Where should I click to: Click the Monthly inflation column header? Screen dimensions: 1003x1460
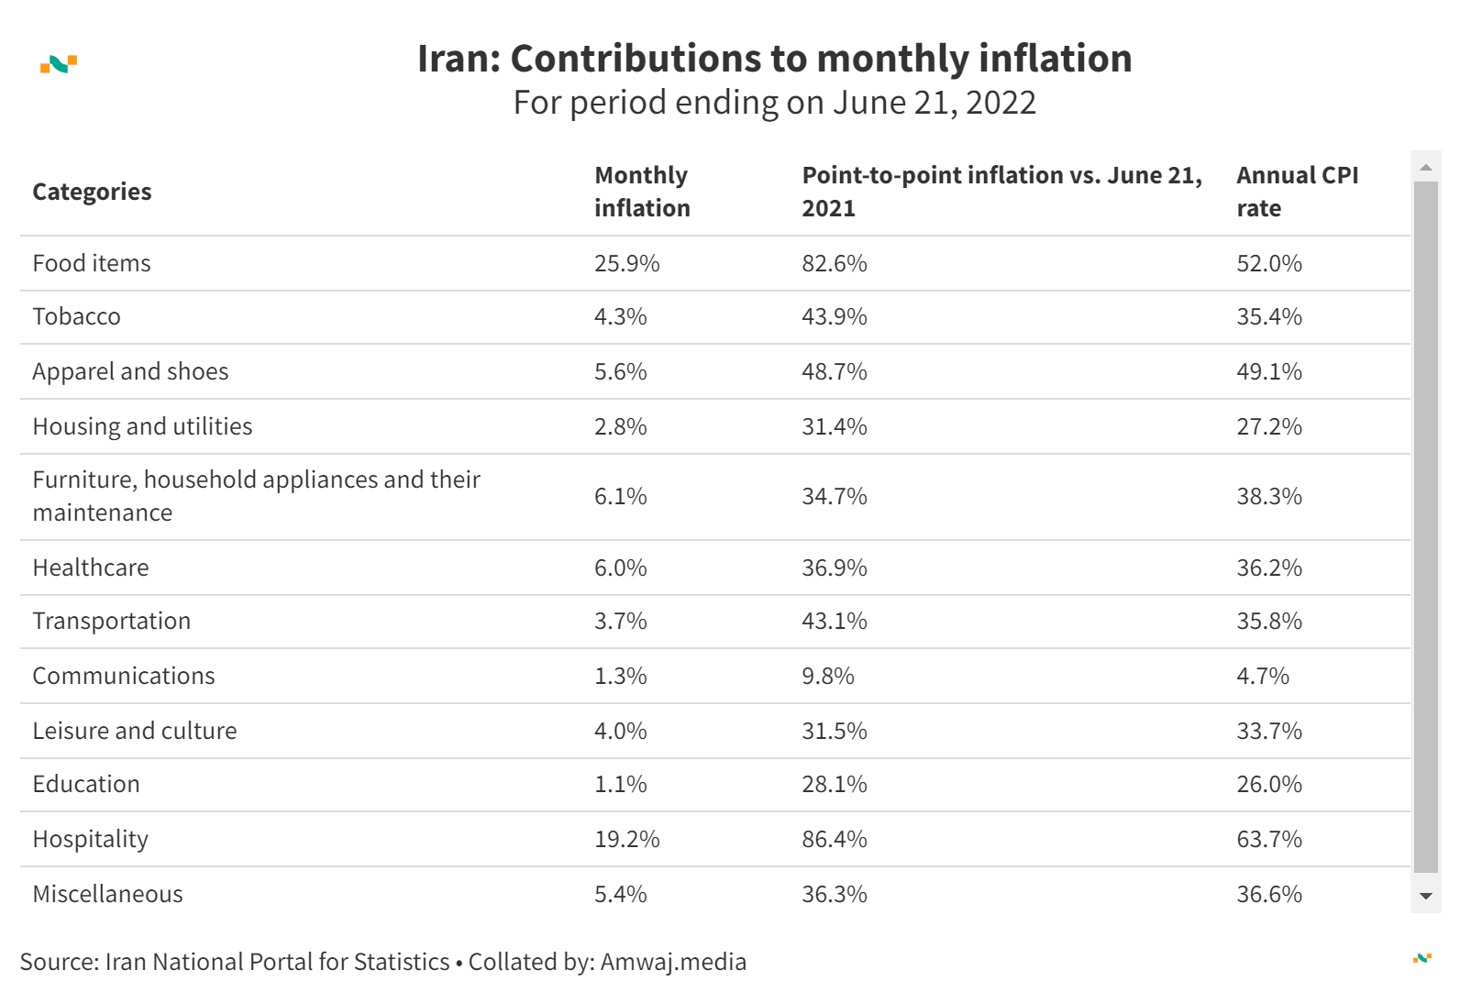(642, 192)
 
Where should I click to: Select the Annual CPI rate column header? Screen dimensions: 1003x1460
(1297, 192)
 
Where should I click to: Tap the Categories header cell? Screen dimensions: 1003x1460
(92, 192)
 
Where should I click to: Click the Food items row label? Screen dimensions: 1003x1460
(92, 264)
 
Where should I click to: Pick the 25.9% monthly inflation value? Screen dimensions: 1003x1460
(626, 264)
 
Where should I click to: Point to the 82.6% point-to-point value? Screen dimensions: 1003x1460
(834, 264)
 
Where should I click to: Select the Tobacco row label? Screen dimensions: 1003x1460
(76, 317)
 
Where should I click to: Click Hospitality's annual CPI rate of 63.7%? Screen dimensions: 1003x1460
(1268, 840)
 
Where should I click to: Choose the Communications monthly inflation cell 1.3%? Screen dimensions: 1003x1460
(620, 677)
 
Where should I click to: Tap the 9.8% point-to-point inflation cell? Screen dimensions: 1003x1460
(827, 677)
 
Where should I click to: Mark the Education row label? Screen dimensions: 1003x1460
(86, 785)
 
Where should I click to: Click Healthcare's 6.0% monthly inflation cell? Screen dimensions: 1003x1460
(620, 568)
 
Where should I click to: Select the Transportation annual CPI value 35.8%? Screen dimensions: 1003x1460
(1268, 622)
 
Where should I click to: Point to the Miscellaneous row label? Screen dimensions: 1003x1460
(107, 895)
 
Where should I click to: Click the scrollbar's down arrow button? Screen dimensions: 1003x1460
(1425, 897)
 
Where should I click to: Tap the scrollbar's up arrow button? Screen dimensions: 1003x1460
(1425, 167)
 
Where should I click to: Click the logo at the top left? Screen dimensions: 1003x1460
(59, 64)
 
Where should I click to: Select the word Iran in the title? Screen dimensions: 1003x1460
(453, 59)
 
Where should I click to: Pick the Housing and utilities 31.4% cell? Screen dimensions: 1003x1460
(834, 427)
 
